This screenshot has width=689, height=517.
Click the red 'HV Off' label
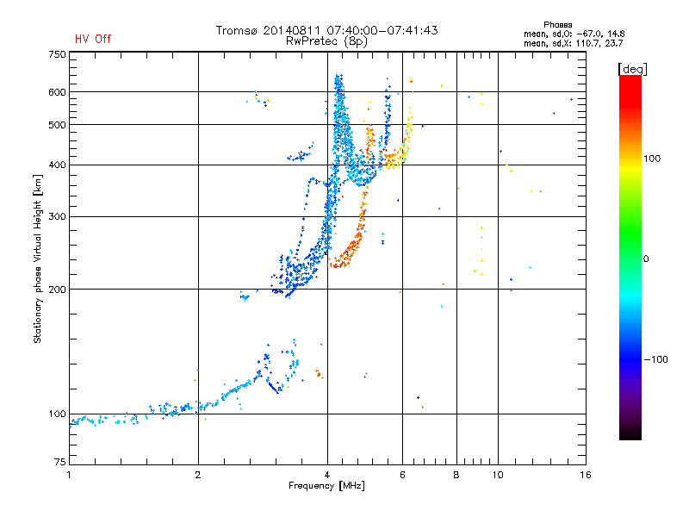tap(93, 39)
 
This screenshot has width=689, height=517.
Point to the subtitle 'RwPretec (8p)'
tap(326, 41)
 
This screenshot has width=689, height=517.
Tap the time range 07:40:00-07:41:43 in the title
tap(382, 30)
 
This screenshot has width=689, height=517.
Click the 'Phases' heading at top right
tap(557, 25)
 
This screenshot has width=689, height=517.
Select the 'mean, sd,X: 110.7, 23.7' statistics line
tap(573, 43)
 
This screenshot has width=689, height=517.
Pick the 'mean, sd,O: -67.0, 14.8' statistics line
tap(574, 34)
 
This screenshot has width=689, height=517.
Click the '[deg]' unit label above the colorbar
tap(632, 69)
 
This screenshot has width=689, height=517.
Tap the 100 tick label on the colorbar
tap(652, 159)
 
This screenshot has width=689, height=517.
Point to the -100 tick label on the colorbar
tap(656, 359)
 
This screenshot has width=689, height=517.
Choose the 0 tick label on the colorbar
tap(646, 259)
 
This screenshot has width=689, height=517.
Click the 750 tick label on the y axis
tap(57, 54)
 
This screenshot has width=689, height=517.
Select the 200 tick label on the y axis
tap(57, 290)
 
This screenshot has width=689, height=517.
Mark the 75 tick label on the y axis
tap(59, 462)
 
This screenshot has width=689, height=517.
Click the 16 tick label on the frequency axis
tap(586, 475)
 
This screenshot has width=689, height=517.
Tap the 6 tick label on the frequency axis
tap(402, 475)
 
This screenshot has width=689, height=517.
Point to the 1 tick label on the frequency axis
tap(69, 475)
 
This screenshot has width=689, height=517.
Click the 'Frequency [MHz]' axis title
tap(326, 486)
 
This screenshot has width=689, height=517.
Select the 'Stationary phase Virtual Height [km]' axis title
tap(38, 259)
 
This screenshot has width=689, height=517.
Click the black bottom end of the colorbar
tap(630, 436)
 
